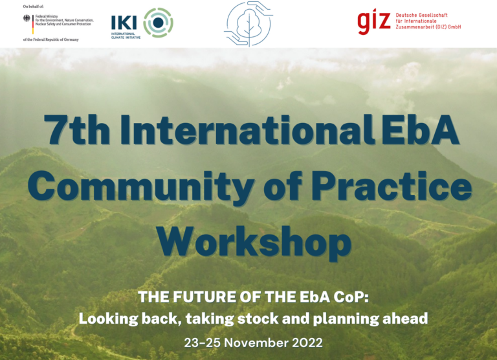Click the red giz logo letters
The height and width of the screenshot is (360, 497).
[373, 21]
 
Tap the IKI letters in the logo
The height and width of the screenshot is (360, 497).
[124, 23]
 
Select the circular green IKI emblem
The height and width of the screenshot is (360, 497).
[158, 23]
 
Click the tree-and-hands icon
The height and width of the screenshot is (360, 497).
[248, 24]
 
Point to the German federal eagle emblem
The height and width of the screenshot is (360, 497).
[27, 18]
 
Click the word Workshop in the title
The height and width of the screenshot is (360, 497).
[254, 242]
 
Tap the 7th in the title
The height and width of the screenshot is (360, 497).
[77, 129]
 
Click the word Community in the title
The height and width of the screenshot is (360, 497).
[141, 187]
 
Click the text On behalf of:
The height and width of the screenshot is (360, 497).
[33, 6]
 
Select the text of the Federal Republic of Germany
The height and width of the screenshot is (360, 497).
[50, 39]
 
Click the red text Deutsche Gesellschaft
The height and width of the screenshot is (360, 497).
[421, 15]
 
